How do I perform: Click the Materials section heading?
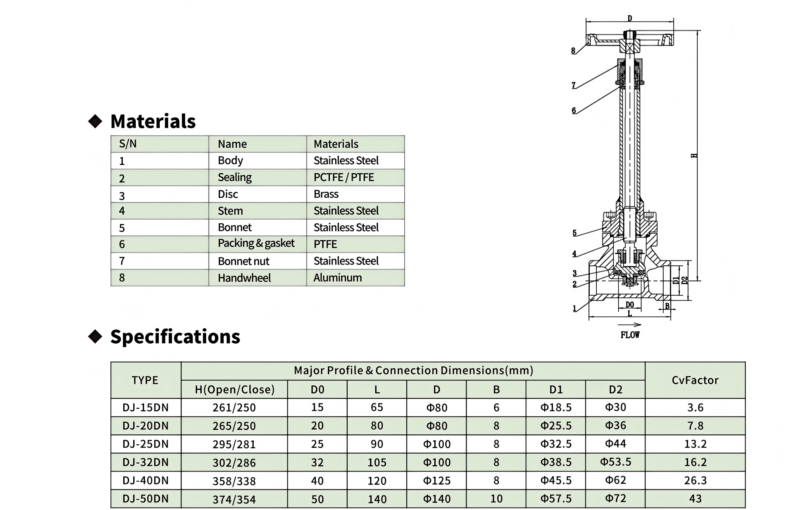(x=153, y=121)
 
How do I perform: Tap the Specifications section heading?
(x=175, y=337)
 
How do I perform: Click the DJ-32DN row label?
(x=145, y=462)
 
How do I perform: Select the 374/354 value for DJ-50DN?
(x=234, y=499)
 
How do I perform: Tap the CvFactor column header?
(x=695, y=380)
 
